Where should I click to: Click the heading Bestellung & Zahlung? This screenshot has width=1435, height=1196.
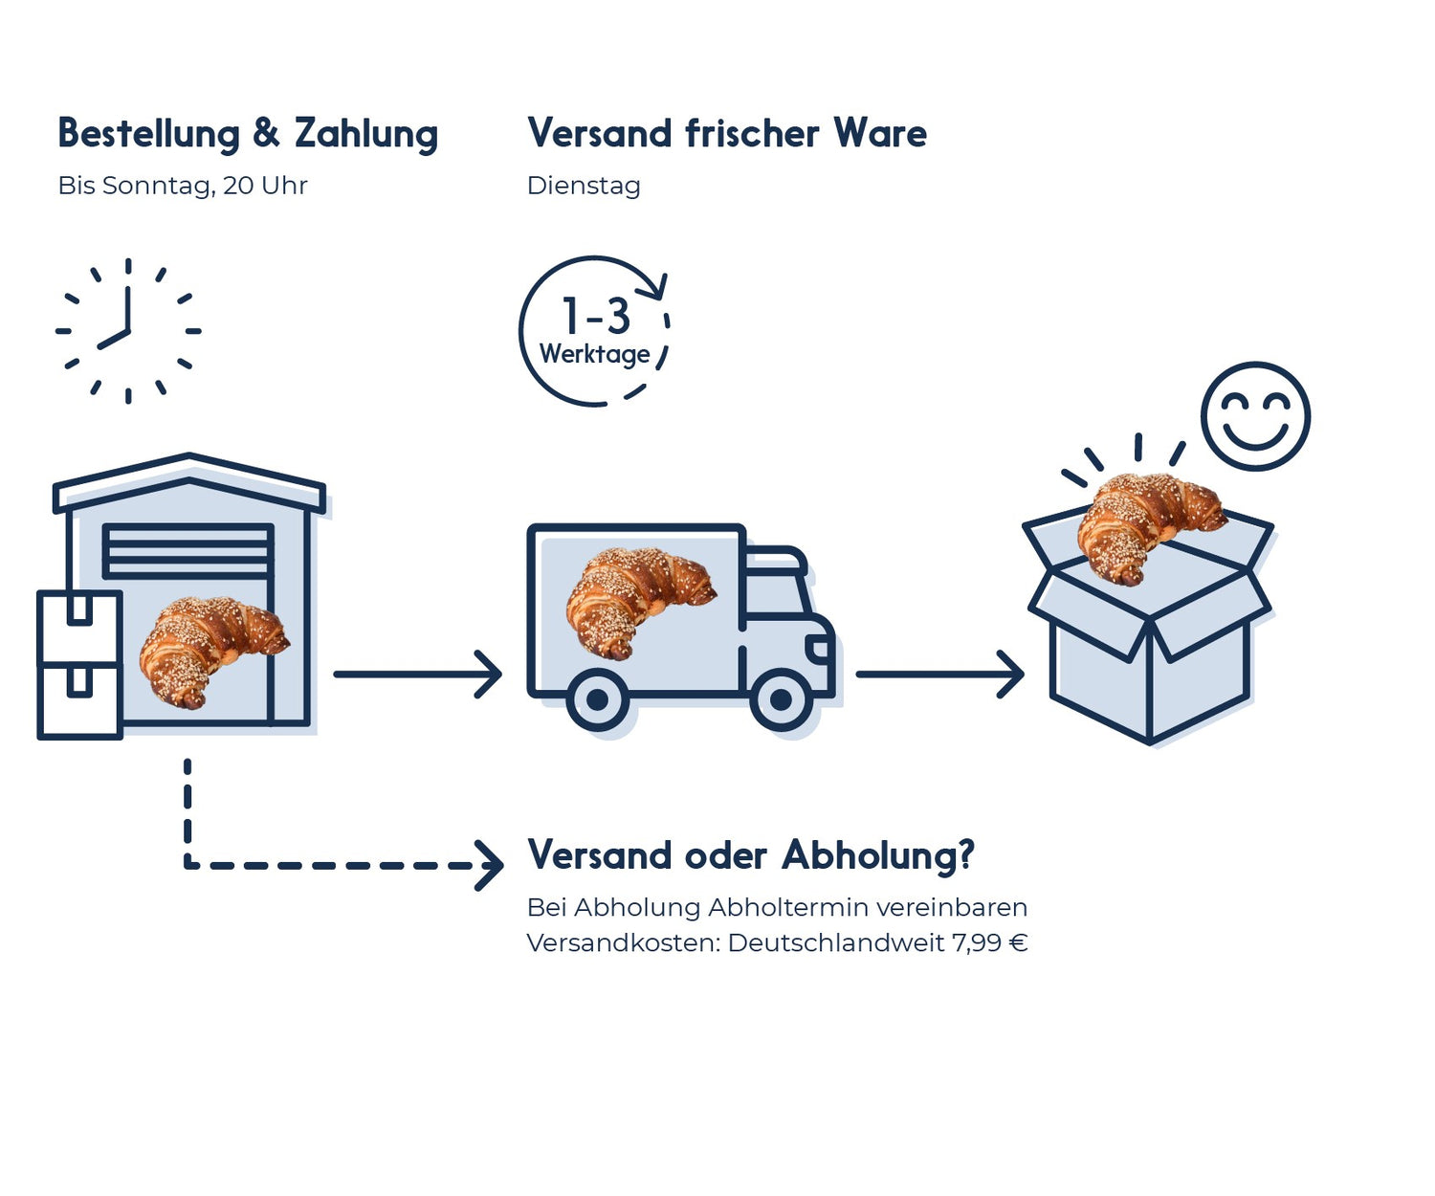point(248,133)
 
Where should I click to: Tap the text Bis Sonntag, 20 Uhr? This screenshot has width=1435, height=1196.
point(182,186)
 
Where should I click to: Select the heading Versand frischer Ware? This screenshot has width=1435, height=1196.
point(726,133)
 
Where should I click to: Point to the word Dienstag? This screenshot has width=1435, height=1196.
point(584,186)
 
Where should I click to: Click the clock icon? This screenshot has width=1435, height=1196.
point(128,331)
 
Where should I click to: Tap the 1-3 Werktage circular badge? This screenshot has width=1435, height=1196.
point(594,331)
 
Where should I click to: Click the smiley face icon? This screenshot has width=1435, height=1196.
point(1255,415)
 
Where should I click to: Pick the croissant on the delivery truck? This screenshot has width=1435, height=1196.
point(637,598)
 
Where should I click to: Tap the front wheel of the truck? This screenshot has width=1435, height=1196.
point(781,700)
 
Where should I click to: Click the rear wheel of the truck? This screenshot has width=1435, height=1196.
point(597,700)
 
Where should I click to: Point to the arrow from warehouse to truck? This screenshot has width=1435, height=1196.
point(417,675)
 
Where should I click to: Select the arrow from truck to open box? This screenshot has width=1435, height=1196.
point(939,675)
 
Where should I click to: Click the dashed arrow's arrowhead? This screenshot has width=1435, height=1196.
point(492,865)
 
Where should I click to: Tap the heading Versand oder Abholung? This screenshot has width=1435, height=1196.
point(750,855)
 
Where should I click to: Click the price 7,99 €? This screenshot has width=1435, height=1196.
point(989,943)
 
